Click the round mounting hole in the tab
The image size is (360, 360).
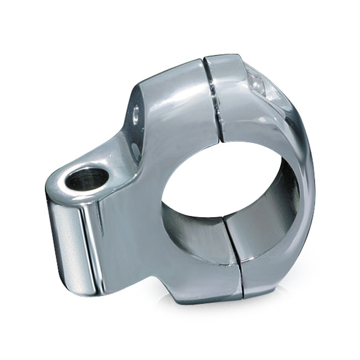click(85, 181)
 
